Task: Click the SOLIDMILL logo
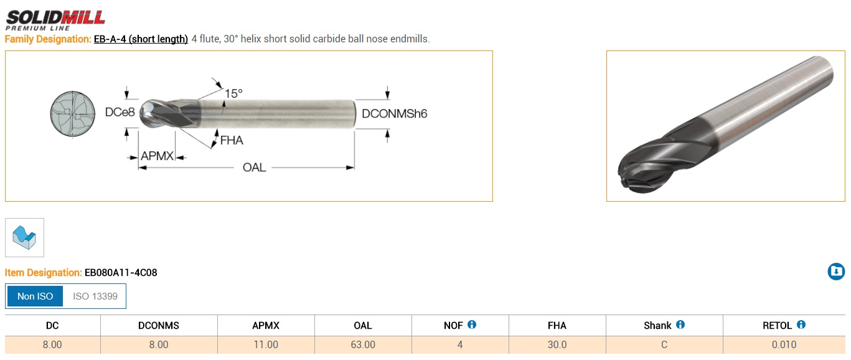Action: [x=55, y=20]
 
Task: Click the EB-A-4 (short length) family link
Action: [x=141, y=39]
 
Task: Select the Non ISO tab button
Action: [x=35, y=296]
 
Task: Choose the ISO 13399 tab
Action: [x=95, y=296]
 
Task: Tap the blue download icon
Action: [x=836, y=272]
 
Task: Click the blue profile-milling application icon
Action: [x=24, y=237]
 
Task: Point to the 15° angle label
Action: [x=233, y=93]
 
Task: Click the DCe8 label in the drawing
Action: [x=120, y=112]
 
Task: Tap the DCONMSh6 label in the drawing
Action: [x=394, y=113]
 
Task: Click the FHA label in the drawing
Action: [x=232, y=141]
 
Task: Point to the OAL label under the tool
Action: [x=254, y=168]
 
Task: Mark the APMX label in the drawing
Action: [x=157, y=156]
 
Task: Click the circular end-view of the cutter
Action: [x=73, y=113]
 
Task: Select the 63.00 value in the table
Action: [x=363, y=345]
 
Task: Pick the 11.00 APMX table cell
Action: [x=266, y=345]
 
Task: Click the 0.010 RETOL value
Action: [x=784, y=345]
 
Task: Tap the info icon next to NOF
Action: [x=471, y=324]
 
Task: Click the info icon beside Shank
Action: [x=680, y=324]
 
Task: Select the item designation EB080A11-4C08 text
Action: [x=121, y=273]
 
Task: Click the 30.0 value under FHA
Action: [x=557, y=345]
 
